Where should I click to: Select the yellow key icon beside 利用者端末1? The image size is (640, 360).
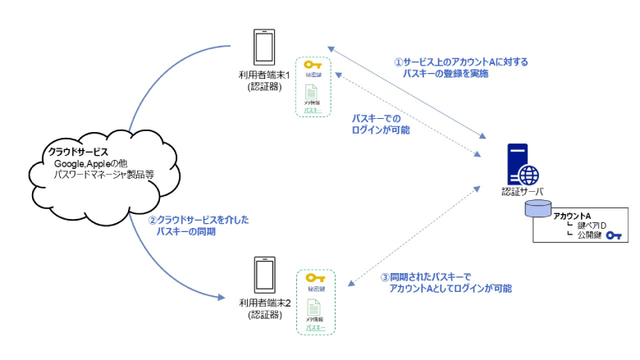312,65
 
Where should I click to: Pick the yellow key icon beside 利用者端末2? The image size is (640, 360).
315,277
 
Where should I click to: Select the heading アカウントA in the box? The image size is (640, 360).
572,216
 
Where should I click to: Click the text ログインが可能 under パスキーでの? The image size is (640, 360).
382,130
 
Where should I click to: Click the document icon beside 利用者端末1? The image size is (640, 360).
312,92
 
